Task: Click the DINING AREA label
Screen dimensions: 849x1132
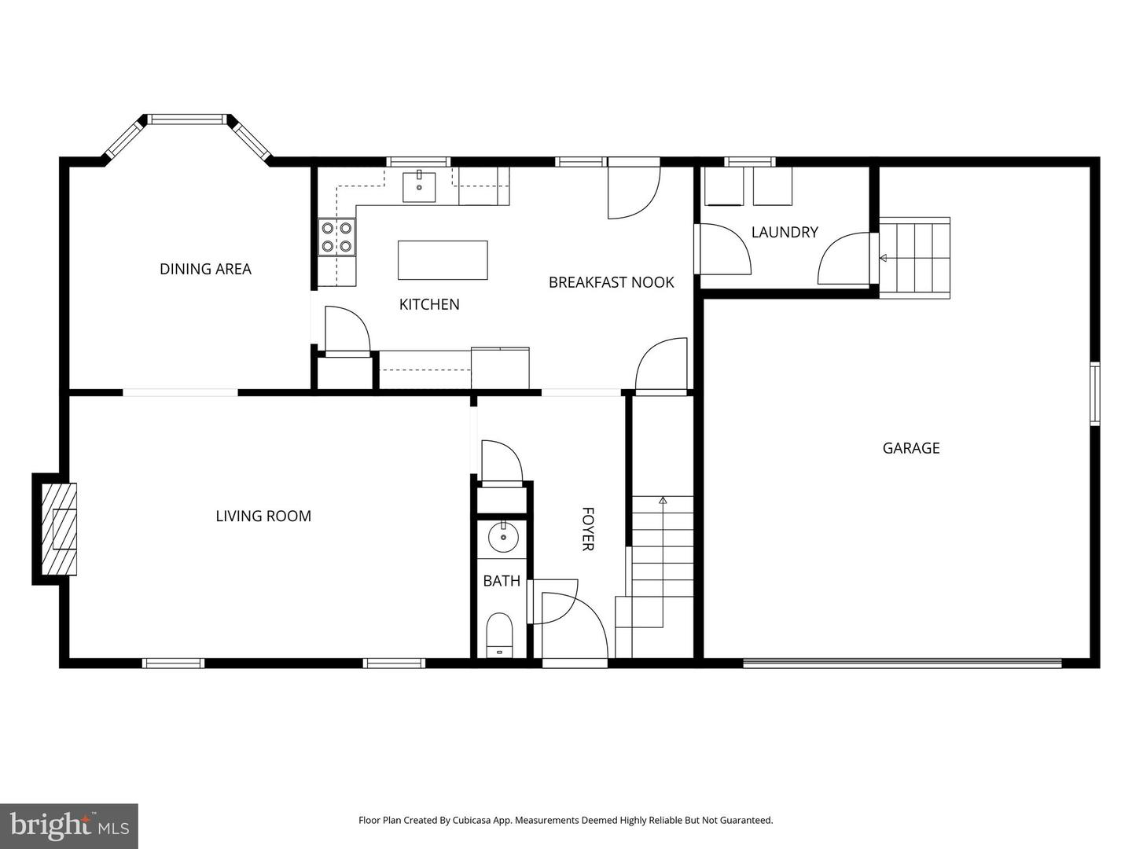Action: click(205, 269)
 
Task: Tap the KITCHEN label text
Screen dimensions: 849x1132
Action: click(429, 304)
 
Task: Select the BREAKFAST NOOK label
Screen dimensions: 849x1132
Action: click(611, 282)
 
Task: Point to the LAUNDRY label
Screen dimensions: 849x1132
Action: click(785, 232)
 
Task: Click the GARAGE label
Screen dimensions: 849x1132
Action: click(911, 448)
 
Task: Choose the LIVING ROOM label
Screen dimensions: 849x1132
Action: click(263, 516)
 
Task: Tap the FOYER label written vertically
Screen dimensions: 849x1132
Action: click(587, 529)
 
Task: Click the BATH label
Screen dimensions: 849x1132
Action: click(502, 581)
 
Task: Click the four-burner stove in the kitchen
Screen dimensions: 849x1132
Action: click(336, 237)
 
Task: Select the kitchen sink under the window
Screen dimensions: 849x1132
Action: click(419, 186)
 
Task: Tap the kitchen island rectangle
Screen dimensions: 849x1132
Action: click(443, 260)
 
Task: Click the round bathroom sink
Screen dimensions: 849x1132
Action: click(503, 538)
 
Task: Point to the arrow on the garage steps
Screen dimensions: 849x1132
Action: click(883, 258)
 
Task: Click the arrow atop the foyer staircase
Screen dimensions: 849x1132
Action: click(663, 500)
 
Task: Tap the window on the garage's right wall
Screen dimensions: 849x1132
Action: click(1094, 394)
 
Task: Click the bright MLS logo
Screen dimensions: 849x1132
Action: click(69, 825)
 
